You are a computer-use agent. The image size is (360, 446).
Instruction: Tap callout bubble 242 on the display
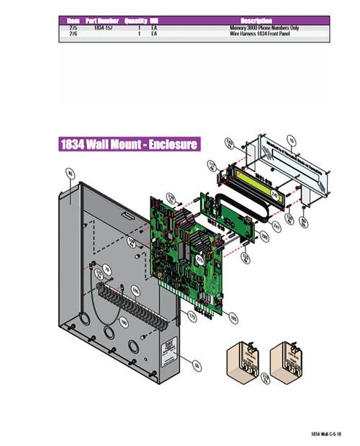coord(274,194)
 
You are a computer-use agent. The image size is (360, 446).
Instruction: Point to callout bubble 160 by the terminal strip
coord(135,291)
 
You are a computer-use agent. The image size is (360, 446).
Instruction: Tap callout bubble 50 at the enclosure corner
coord(190,365)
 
